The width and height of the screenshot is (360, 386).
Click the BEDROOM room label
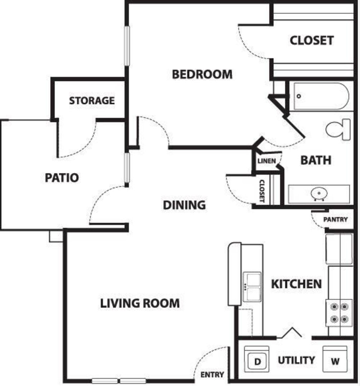pos(202,74)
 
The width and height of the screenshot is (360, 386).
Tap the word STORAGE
pos(92,100)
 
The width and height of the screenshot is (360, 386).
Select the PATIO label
pos(62,178)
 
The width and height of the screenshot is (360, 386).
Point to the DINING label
pos(184,205)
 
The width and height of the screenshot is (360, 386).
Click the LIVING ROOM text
pos(140,303)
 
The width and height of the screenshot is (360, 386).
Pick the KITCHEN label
pos(296,284)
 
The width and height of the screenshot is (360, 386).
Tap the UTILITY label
pos(296,360)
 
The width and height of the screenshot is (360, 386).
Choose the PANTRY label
pos(335,219)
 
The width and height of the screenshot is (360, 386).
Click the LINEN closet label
pos(267,161)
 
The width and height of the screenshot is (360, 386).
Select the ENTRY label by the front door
pos(212,375)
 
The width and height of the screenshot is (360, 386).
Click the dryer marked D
pos(257,359)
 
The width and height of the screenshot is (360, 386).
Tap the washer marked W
pos(335,359)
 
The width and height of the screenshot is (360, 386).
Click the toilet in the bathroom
pos(338,129)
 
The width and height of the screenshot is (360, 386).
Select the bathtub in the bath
pos(321,96)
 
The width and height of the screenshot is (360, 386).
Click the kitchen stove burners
pos(339,313)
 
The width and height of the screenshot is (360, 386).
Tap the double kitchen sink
pos(252,287)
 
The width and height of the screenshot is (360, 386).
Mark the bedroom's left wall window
pos(127,46)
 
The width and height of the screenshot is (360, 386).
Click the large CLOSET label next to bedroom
pos(312,40)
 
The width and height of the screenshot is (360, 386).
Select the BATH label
pos(316,160)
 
